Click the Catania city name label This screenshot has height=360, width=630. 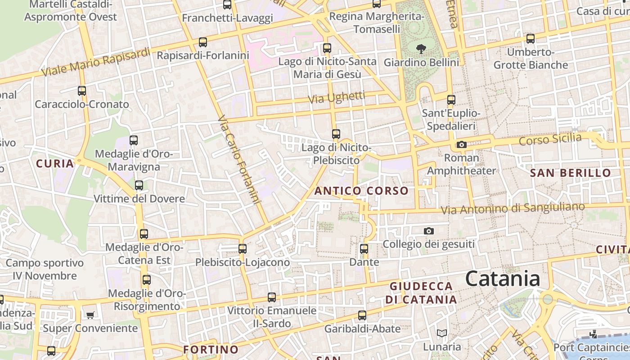click(502, 279)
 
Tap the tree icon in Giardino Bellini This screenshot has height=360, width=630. click(421, 48)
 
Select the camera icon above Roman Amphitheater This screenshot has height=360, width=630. click(461, 144)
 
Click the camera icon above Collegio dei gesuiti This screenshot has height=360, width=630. click(429, 231)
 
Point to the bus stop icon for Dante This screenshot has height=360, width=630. click(364, 248)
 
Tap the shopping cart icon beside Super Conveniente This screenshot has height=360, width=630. click(90, 315)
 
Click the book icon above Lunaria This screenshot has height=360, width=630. click(442, 333)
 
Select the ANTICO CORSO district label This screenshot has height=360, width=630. click(361, 191)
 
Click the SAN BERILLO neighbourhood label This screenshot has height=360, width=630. click(570, 173)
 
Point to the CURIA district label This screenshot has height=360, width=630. click(54, 163)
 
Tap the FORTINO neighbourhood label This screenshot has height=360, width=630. click(211, 349)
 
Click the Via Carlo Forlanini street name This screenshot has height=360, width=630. click(239, 160)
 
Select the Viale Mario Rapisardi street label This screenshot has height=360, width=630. click(95, 62)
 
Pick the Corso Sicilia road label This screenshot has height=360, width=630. click(550, 139)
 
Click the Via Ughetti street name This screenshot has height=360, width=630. click(336, 97)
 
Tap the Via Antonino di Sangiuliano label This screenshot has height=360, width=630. click(513, 208)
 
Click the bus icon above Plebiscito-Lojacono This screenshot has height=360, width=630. click(242, 248)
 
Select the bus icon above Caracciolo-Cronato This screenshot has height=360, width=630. click(81, 91)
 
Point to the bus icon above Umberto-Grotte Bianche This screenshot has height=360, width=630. click(531, 39)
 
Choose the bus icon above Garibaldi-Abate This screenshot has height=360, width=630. click(362, 315)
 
